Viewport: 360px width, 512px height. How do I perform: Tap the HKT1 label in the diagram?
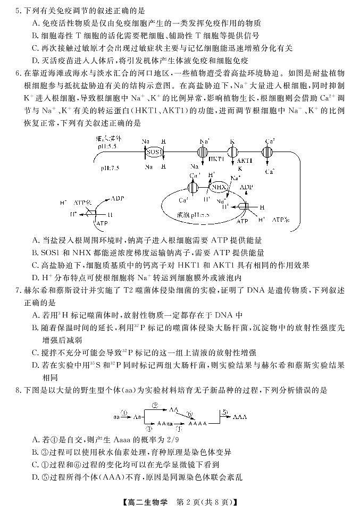coord(216,158)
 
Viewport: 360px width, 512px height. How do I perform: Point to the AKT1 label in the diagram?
coord(245,160)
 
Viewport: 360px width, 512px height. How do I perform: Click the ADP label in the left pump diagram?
coord(118,198)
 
